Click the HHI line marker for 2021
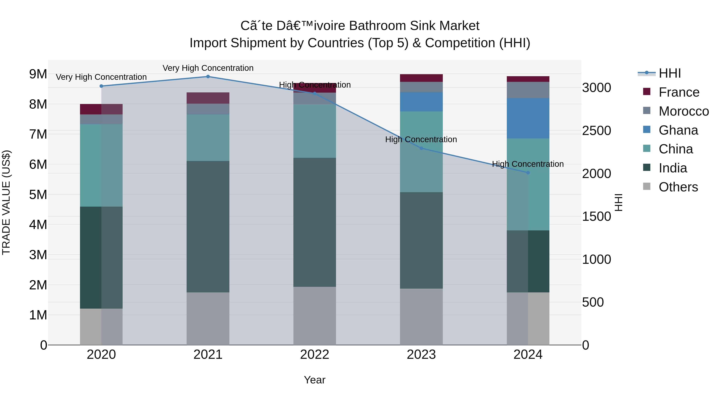click(208, 77)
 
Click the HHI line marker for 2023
click(421, 148)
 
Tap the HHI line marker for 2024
click(528, 173)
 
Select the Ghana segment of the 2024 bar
click(528, 118)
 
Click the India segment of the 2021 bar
click(208, 226)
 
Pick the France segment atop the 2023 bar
click(421, 78)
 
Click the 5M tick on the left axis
click(38, 195)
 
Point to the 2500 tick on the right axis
click(596, 131)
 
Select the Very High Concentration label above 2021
click(208, 68)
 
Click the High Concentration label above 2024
click(528, 164)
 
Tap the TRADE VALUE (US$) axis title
click(6, 202)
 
